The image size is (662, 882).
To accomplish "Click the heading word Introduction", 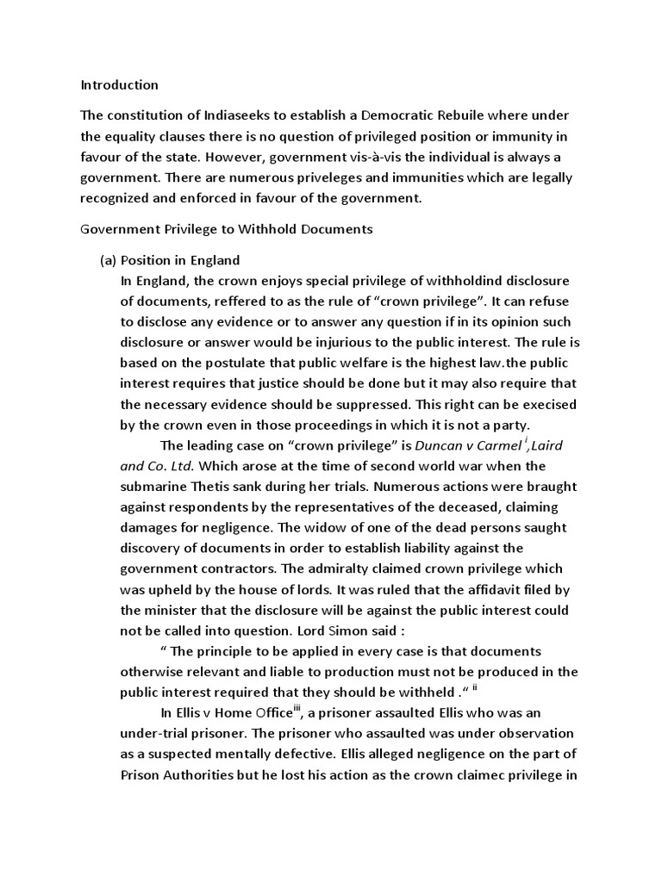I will click(x=119, y=84).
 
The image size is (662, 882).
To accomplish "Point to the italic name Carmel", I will click(x=500, y=445).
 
